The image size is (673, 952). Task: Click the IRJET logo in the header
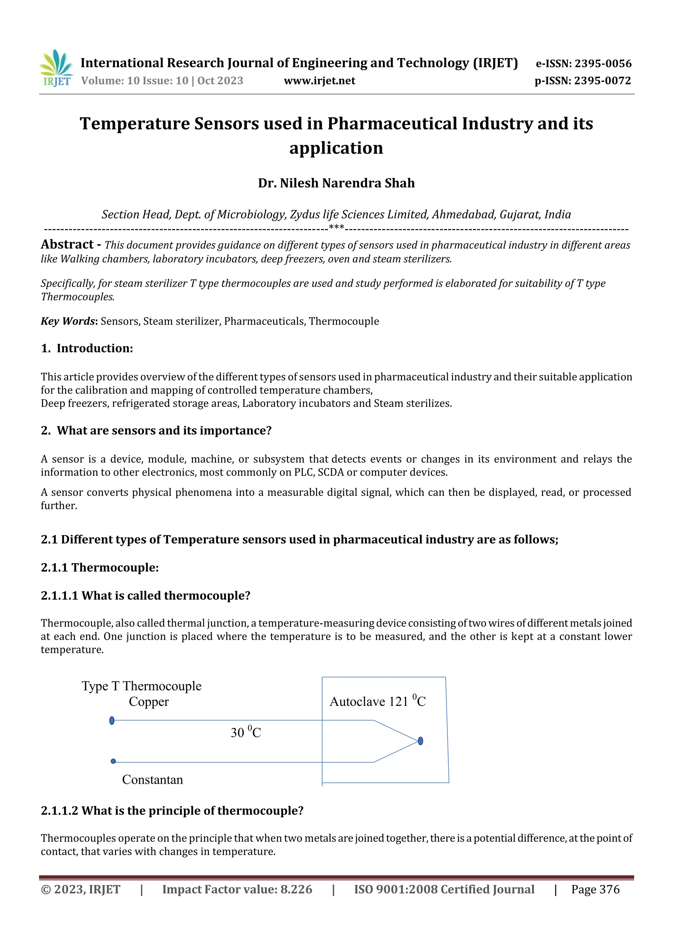[x=56, y=68]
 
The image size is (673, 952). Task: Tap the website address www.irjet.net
[x=319, y=81]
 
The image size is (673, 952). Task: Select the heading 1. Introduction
[x=87, y=348]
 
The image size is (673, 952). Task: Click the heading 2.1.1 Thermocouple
[x=100, y=567]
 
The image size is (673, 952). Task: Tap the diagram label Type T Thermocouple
[x=141, y=686]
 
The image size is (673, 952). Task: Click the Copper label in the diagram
[x=149, y=702]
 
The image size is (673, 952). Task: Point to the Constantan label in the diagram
[x=152, y=779]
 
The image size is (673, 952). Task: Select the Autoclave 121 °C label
[x=377, y=701]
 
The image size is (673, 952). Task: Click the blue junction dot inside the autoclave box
[x=421, y=741]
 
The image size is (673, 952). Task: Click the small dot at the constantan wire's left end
[x=113, y=761]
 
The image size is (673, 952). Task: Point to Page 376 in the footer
[x=595, y=889]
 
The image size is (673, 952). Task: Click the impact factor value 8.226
[x=296, y=889]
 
